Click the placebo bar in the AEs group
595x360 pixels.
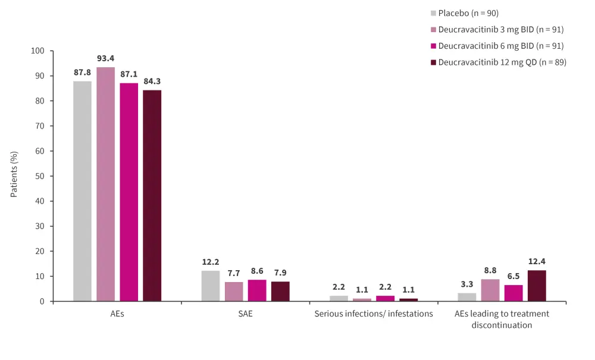(82, 191)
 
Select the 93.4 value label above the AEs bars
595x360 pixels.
(105, 58)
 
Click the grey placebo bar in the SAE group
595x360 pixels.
(210, 286)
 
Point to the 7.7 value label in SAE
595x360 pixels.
(233, 273)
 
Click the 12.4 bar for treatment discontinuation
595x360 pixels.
(537, 286)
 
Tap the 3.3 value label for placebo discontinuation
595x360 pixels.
(466, 284)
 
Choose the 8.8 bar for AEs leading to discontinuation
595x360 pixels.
(490, 290)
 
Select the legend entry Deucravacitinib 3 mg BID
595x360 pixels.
(500, 29)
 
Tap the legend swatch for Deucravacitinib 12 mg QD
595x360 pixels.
(433, 62)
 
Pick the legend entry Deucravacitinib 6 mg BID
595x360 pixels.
(500, 46)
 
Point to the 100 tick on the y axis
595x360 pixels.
(39, 51)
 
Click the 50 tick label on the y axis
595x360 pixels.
(41, 176)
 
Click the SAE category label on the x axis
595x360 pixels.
(245, 314)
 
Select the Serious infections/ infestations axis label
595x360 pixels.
(374, 314)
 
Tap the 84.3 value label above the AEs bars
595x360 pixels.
(152, 81)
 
